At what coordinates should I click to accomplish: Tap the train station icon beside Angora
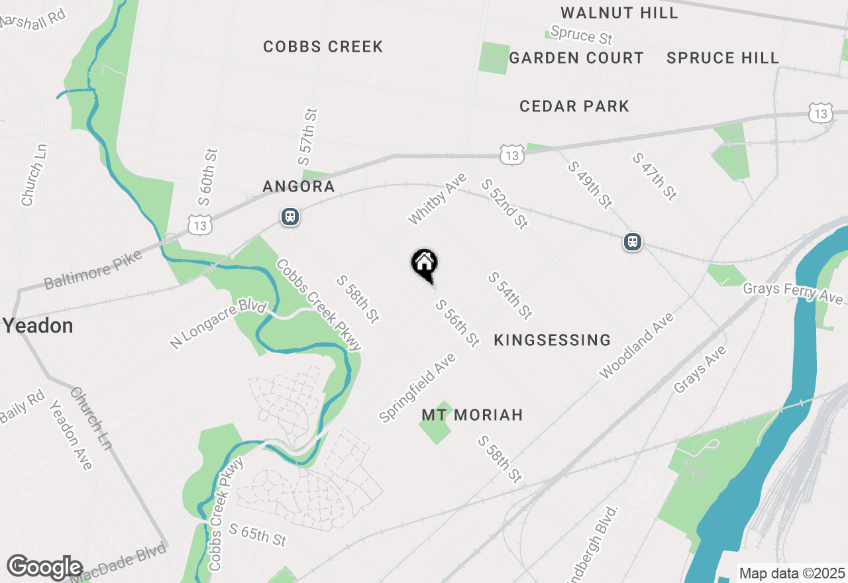290,217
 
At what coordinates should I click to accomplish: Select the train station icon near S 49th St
633,242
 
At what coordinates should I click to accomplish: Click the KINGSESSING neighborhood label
552,340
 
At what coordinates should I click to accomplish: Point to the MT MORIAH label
472,415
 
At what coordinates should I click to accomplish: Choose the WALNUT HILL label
619,13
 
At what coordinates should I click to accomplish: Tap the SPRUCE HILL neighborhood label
723,58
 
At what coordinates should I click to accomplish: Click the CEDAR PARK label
574,106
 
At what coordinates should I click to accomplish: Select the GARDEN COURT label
576,58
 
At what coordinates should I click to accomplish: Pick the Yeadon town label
38,326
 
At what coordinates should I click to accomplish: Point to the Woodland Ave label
636,346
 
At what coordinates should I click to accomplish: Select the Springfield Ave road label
417,388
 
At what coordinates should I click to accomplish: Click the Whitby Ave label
437,198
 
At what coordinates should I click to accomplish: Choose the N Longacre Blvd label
217,325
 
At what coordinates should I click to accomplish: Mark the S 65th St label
258,535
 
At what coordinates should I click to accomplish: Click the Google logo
44,568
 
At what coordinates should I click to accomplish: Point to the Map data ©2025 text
792,573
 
